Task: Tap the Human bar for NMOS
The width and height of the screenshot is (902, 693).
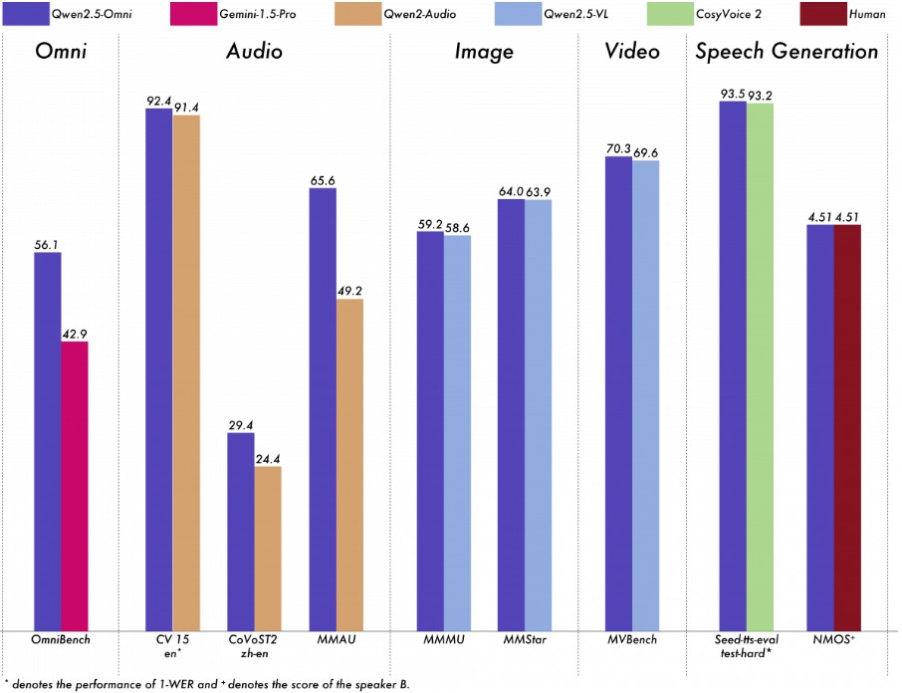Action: (846, 427)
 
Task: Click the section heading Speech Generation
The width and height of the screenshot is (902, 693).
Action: (787, 53)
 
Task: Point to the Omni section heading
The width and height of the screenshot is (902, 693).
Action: (61, 53)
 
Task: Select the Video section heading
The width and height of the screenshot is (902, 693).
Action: (632, 53)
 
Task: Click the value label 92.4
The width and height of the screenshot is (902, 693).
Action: (159, 100)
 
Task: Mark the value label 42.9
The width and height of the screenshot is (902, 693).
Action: (75, 334)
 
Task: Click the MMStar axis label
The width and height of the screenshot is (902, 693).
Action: (525, 639)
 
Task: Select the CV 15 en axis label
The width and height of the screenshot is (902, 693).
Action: (172, 645)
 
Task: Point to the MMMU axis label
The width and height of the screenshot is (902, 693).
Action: (443, 639)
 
